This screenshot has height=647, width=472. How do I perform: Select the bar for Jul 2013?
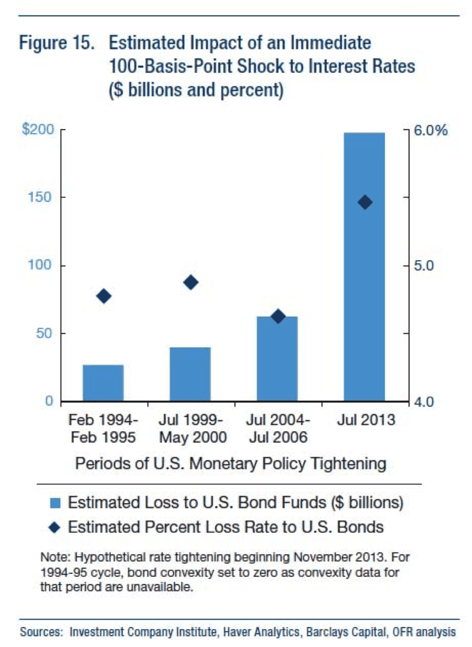click(364, 267)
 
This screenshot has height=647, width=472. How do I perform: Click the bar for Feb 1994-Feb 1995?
click(103, 383)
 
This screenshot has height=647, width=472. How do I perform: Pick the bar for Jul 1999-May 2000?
click(190, 374)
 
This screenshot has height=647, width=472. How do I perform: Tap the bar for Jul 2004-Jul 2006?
click(277, 359)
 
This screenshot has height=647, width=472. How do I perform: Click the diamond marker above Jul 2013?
click(365, 202)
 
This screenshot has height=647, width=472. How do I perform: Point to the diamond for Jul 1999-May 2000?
click(191, 282)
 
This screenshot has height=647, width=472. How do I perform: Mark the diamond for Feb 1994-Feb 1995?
click(104, 296)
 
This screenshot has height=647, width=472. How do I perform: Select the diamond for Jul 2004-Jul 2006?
click(278, 316)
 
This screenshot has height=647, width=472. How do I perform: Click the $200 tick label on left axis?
click(38, 130)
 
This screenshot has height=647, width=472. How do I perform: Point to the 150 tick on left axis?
click(41, 197)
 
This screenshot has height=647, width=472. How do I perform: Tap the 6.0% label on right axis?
click(431, 131)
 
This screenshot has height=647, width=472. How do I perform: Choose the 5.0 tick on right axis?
click(424, 266)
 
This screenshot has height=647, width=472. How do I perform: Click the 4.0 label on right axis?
click(424, 402)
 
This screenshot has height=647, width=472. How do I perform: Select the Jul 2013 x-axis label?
click(366, 420)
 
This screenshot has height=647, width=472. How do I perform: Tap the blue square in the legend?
click(55, 503)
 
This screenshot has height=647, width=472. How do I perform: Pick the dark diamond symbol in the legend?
click(55, 528)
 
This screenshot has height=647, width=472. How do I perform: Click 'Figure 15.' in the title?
click(57, 43)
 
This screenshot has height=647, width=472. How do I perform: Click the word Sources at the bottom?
click(41, 632)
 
